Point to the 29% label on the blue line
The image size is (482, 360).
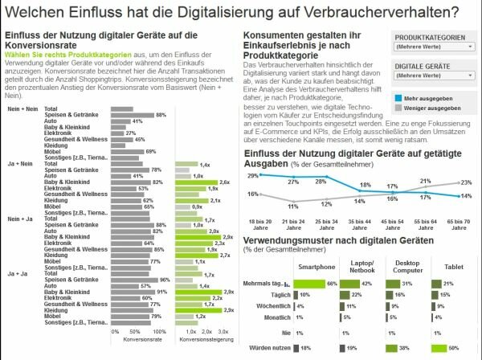(x=252, y=175)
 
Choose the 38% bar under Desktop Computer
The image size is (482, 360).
(x=398, y=347)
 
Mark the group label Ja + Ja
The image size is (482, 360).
(x=17, y=273)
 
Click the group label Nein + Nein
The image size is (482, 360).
(x=20, y=108)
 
